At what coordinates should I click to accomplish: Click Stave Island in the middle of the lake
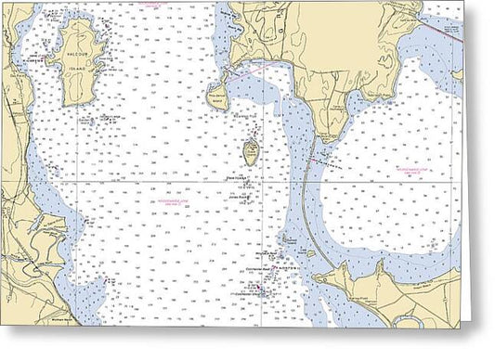pyautogui.click(x=251, y=149)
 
